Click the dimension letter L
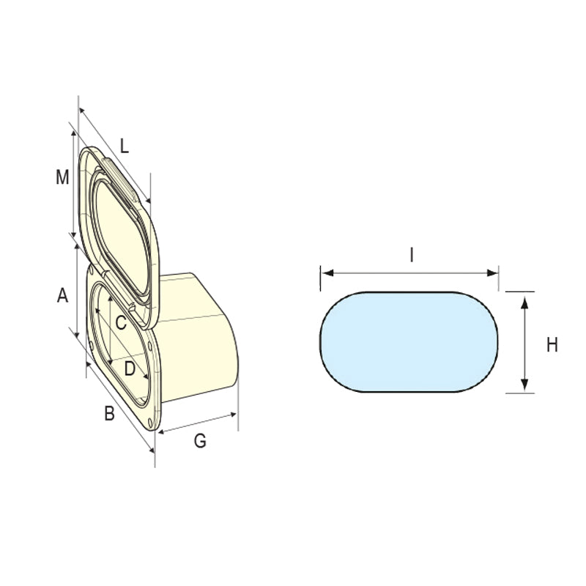pos(125,146)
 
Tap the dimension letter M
pos(63,177)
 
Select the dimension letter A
pos(63,296)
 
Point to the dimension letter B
pos(109,414)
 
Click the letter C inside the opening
pos(122,322)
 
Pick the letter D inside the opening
pos(130,369)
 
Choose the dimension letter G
pos(199,441)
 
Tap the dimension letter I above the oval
pos(412,255)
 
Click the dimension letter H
pos(552,345)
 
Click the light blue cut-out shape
pos(409,341)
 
